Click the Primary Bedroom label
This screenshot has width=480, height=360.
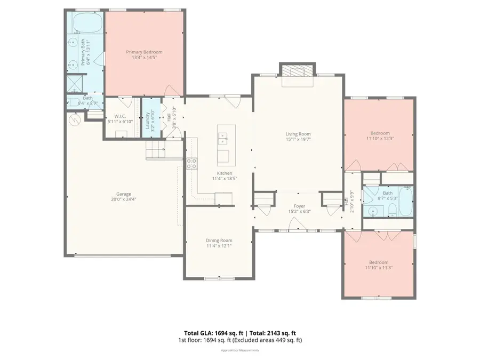[144, 52]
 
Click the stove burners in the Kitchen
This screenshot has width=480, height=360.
[191, 163]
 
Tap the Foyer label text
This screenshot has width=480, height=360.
[299, 206]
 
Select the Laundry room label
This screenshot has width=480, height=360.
[148, 121]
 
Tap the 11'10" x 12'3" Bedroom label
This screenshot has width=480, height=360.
[379, 133]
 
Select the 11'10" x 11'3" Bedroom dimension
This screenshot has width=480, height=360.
[379, 268]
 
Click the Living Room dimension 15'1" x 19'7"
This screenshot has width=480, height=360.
[298, 139]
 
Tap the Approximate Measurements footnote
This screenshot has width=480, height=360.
[240, 350]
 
